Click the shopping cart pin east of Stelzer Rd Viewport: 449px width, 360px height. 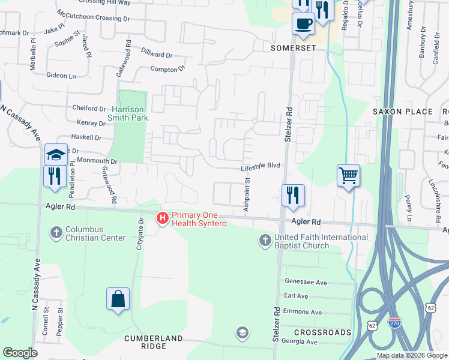348,176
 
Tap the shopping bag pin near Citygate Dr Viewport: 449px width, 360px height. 118,299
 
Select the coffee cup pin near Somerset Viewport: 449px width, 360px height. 303,24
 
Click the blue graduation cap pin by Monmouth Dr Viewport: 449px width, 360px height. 56,155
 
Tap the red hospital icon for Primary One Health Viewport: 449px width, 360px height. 162,219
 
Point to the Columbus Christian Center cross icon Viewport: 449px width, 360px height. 56,233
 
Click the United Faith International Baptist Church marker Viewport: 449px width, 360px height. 265,241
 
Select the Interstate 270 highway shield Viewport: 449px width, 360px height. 394,323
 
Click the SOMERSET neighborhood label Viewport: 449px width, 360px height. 293,48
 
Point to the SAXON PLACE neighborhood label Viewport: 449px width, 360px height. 402,112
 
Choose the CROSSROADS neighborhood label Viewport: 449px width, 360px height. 322,332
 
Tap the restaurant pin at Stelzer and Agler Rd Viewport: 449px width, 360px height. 293,195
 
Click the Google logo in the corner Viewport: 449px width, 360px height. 20,353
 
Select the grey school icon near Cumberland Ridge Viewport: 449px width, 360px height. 242,332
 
